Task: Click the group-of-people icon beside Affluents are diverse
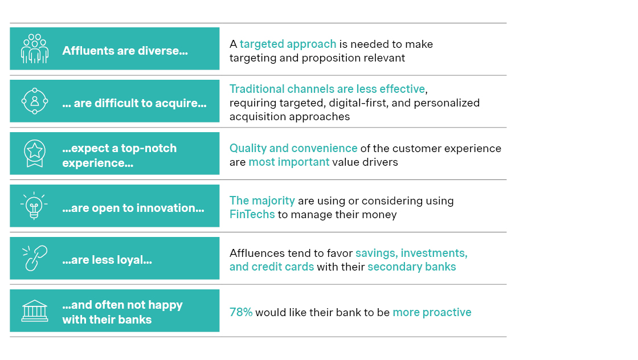pyautogui.click(x=35, y=48)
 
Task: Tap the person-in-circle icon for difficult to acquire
pyautogui.click(x=35, y=101)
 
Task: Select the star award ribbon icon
pyautogui.click(x=35, y=153)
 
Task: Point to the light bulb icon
pyautogui.click(x=35, y=206)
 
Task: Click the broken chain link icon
pyautogui.click(x=35, y=258)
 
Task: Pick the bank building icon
pyautogui.click(x=35, y=310)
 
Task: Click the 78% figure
pyautogui.click(x=240, y=312)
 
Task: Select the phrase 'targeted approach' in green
pyautogui.click(x=288, y=44)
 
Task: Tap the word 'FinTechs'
pyautogui.click(x=252, y=215)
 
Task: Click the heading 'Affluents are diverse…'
pyautogui.click(x=125, y=51)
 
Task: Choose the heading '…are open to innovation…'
pyautogui.click(x=133, y=208)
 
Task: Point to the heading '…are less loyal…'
pyautogui.click(x=107, y=260)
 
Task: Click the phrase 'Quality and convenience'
pyautogui.click(x=293, y=148)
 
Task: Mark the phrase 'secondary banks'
pyautogui.click(x=411, y=267)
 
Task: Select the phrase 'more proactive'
pyautogui.click(x=432, y=312)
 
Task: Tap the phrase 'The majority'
pyautogui.click(x=262, y=201)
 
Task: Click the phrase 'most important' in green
pyautogui.click(x=289, y=162)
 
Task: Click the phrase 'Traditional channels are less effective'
pyautogui.click(x=328, y=89)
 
